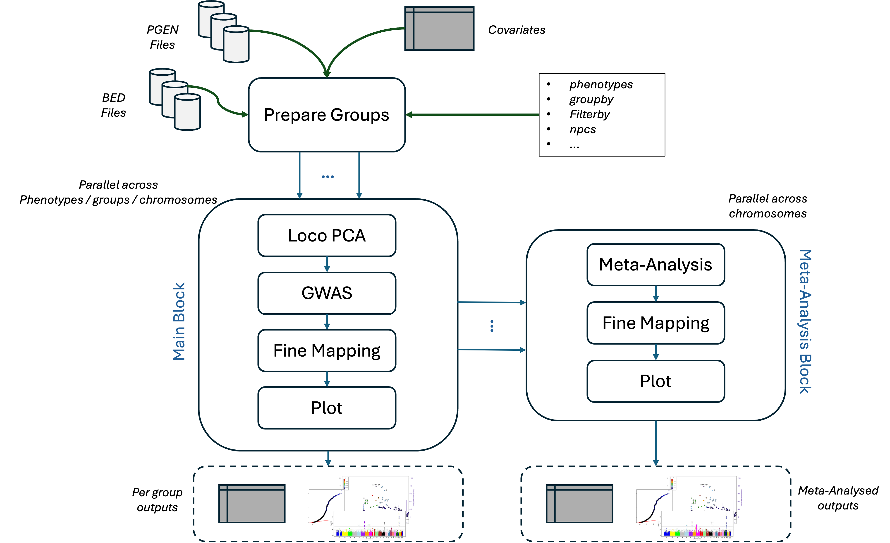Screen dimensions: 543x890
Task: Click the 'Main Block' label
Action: tap(179, 321)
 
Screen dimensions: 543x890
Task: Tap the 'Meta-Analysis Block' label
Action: tap(806, 321)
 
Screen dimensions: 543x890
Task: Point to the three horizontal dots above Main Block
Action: tap(328, 177)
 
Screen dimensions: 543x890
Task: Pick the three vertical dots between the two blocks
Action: tap(492, 326)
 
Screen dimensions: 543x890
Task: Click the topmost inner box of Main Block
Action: tap(327, 235)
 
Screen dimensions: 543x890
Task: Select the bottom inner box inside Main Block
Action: tap(327, 408)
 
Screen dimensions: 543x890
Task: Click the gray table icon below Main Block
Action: tap(252, 504)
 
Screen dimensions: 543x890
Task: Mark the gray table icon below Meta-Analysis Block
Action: tap(579, 504)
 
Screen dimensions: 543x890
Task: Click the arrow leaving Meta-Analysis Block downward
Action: tap(656, 443)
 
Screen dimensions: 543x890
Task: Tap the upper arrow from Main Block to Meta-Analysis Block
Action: tap(491, 302)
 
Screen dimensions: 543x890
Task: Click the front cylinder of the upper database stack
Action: tap(236, 44)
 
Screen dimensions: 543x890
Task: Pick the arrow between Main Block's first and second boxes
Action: tap(327, 264)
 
